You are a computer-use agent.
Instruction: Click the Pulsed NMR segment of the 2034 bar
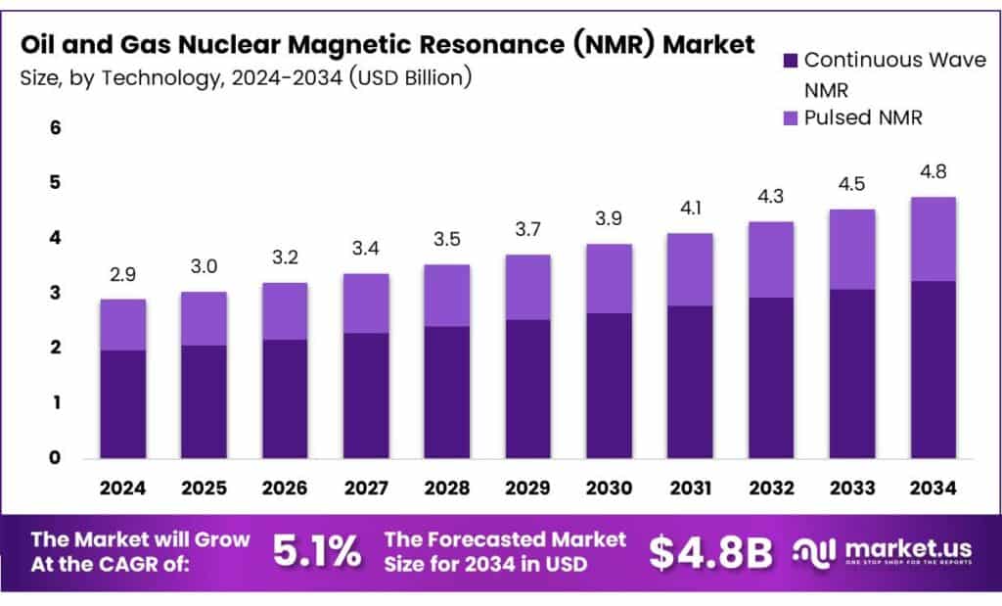tap(933, 239)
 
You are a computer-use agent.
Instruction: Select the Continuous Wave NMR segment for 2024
tap(123, 403)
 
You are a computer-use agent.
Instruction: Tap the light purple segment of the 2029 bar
tap(527, 287)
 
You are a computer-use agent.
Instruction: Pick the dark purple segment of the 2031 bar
tap(690, 382)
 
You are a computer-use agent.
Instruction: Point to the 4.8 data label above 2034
tap(933, 173)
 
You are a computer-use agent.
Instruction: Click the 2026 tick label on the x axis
tap(285, 487)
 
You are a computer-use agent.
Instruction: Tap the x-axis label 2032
tap(771, 487)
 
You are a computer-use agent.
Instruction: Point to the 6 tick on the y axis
tap(55, 128)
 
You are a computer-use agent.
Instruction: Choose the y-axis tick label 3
tap(55, 293)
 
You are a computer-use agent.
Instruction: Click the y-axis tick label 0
tap(55, 457)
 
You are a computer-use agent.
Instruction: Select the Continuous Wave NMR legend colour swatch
tap(791, 61)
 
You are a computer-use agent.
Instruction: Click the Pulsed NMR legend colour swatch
tap(791, 118)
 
